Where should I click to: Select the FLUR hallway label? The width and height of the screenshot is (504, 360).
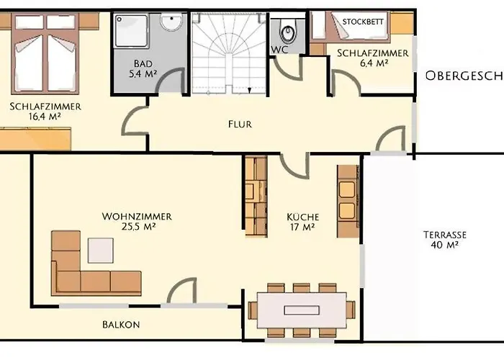tap(240, 124)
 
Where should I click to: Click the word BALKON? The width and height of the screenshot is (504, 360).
tap(121, 325)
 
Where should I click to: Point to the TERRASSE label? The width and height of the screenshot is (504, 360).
tap(445, 235)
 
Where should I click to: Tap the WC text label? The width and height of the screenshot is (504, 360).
tap(280, 50)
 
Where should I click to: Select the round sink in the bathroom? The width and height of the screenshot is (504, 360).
tap(171, 24)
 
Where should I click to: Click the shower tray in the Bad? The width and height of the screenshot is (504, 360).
tap(131, 30)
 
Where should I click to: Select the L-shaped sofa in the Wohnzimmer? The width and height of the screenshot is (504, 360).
tap(86, 266)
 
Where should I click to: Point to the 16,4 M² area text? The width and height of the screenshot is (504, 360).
tap(45, 117)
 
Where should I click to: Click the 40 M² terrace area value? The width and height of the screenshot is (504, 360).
tap(445, 245)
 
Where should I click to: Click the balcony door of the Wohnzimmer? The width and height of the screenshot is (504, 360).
tap(181, 292)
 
